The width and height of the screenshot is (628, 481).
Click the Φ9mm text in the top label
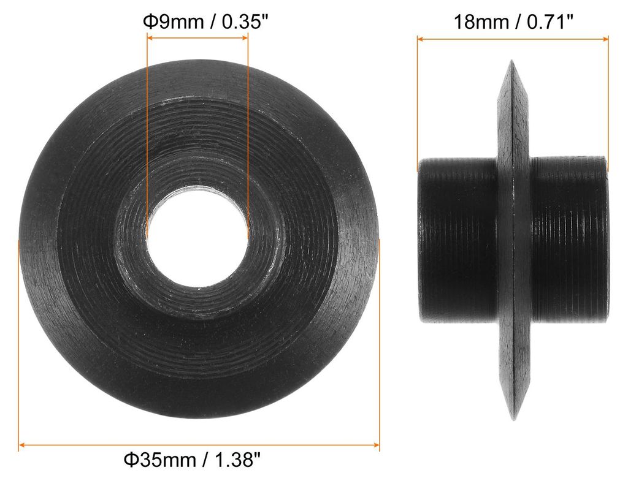[x=174, y=21]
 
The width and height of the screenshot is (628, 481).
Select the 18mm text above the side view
[x=481, y=21]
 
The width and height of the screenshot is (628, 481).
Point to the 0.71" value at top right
[x=551, y=21]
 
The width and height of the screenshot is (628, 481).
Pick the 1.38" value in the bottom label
[x=238, y=460]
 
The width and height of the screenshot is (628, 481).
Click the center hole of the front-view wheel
[x=197, y=237]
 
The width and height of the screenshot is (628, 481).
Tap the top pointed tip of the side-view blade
[x=511, y=61]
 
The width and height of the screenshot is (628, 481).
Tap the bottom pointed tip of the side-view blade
[x=514, y=419]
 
